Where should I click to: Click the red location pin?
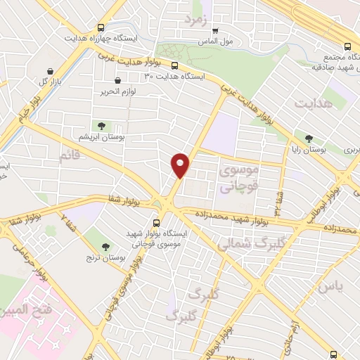(x=181, y=165)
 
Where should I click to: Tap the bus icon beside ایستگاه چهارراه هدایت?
(x=102, y=27)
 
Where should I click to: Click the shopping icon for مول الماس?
(x=215, y=30)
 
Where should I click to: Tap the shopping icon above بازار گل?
(x=51, y=71)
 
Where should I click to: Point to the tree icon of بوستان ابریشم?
(x=102, y=125)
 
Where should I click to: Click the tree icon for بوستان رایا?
(x=309, y=139)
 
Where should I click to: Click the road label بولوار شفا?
(x=124, y=200)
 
